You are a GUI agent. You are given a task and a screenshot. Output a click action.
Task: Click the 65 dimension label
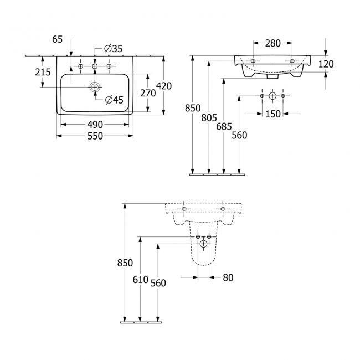pyautogui.click(x=58, y=39)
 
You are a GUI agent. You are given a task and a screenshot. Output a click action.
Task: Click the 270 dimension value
pyautogui.click(x=147, y=93)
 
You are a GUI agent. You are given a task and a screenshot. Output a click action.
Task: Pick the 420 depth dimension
pyautogui.click(x=164, y=86)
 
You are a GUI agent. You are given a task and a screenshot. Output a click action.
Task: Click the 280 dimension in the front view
pyautogui.click(x=272, y=43)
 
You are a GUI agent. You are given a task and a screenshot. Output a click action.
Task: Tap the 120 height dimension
pyautogui.click(x=326, y=64)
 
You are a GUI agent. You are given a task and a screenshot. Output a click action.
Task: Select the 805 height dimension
pyautogui.click(x=209, y=117)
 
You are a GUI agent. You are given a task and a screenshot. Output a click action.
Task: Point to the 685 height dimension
pyautogui.click(x=224, y=126)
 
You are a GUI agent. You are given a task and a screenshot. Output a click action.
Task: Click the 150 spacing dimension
pyautogui.click(x=272, y=114)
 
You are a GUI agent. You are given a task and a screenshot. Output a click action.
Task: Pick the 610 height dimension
pyautogui.click(x=141, y=280)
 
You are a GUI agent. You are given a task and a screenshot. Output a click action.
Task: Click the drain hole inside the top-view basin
pyautogui.click(x=95, y=86)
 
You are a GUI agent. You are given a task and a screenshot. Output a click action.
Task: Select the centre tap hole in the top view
pyautogui.click(x=95, y=66)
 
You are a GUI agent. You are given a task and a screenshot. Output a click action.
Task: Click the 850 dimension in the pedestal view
pyautogui.click(x=126, y=263)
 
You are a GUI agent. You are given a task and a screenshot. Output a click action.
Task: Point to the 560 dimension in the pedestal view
pyautogui.click(x=158, y=282)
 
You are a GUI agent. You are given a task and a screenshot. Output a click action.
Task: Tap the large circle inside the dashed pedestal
pyautogui.click(x=204, y=243)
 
